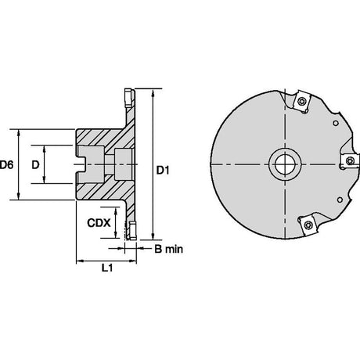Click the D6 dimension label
pyautogui.click(x=6, y=165)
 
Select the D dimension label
pyautogui.click(x=35, y=165)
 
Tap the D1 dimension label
pyautogui.click(x=163, y=171)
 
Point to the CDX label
pyautogui.click(x=99, y=223)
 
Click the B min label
pyautogui.click(x=168, y=249)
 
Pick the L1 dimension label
pyautogui.click(x=106, y=268)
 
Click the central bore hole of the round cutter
pyautogui.click(x=285, y=164)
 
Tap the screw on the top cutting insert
pyautogui.click(x=302, y=101)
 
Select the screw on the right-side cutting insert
pyautogui.click(x=350, y=161)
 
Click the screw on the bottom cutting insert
pyautogui.click(x=308, y=225)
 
